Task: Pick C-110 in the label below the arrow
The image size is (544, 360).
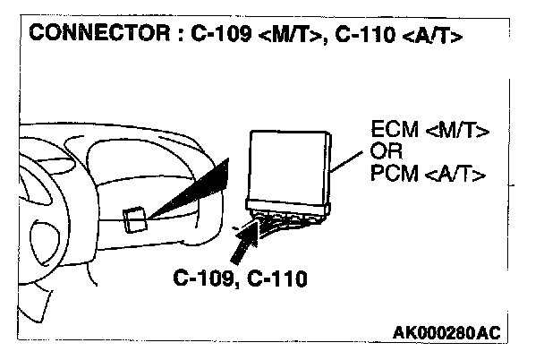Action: tap(276, 279)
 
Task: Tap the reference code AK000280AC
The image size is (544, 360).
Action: tap(446, 333)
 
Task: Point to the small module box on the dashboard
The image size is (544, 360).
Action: tap(135, 219)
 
